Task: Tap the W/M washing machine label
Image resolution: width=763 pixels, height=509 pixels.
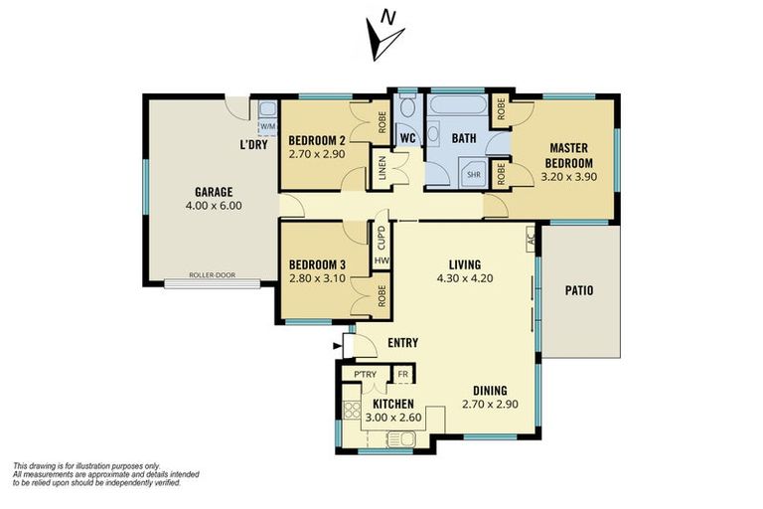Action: pos(267,126)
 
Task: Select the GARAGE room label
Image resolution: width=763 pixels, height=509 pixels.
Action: pos(214,192)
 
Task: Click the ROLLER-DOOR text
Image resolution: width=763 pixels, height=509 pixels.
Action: pos(213,275)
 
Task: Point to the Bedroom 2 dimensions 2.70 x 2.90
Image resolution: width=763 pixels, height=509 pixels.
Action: pos(317,154)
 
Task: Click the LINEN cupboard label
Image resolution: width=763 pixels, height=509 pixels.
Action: pos(381,168)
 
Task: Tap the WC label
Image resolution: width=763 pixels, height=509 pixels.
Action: pos(407,138)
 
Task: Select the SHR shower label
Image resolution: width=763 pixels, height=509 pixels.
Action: pos(474,174)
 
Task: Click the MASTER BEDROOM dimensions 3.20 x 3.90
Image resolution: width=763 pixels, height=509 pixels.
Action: pos(569,177)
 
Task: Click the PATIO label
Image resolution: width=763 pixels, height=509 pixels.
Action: pos(579,291)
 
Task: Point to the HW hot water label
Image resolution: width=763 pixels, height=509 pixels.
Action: pos(381,260)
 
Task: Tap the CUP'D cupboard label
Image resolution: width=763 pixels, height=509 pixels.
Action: pos(381,238)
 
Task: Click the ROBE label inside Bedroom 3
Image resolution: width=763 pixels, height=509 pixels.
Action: pos(381,295)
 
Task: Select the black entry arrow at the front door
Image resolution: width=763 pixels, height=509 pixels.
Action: pos(337,346)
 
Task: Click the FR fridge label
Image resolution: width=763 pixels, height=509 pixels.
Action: pos(403,374)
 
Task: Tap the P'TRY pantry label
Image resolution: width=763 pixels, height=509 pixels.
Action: pos(365,374)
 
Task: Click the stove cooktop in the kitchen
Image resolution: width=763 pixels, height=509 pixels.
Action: pos(352,410)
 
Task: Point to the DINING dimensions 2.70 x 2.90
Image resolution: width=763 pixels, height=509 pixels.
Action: pos(490,404)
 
